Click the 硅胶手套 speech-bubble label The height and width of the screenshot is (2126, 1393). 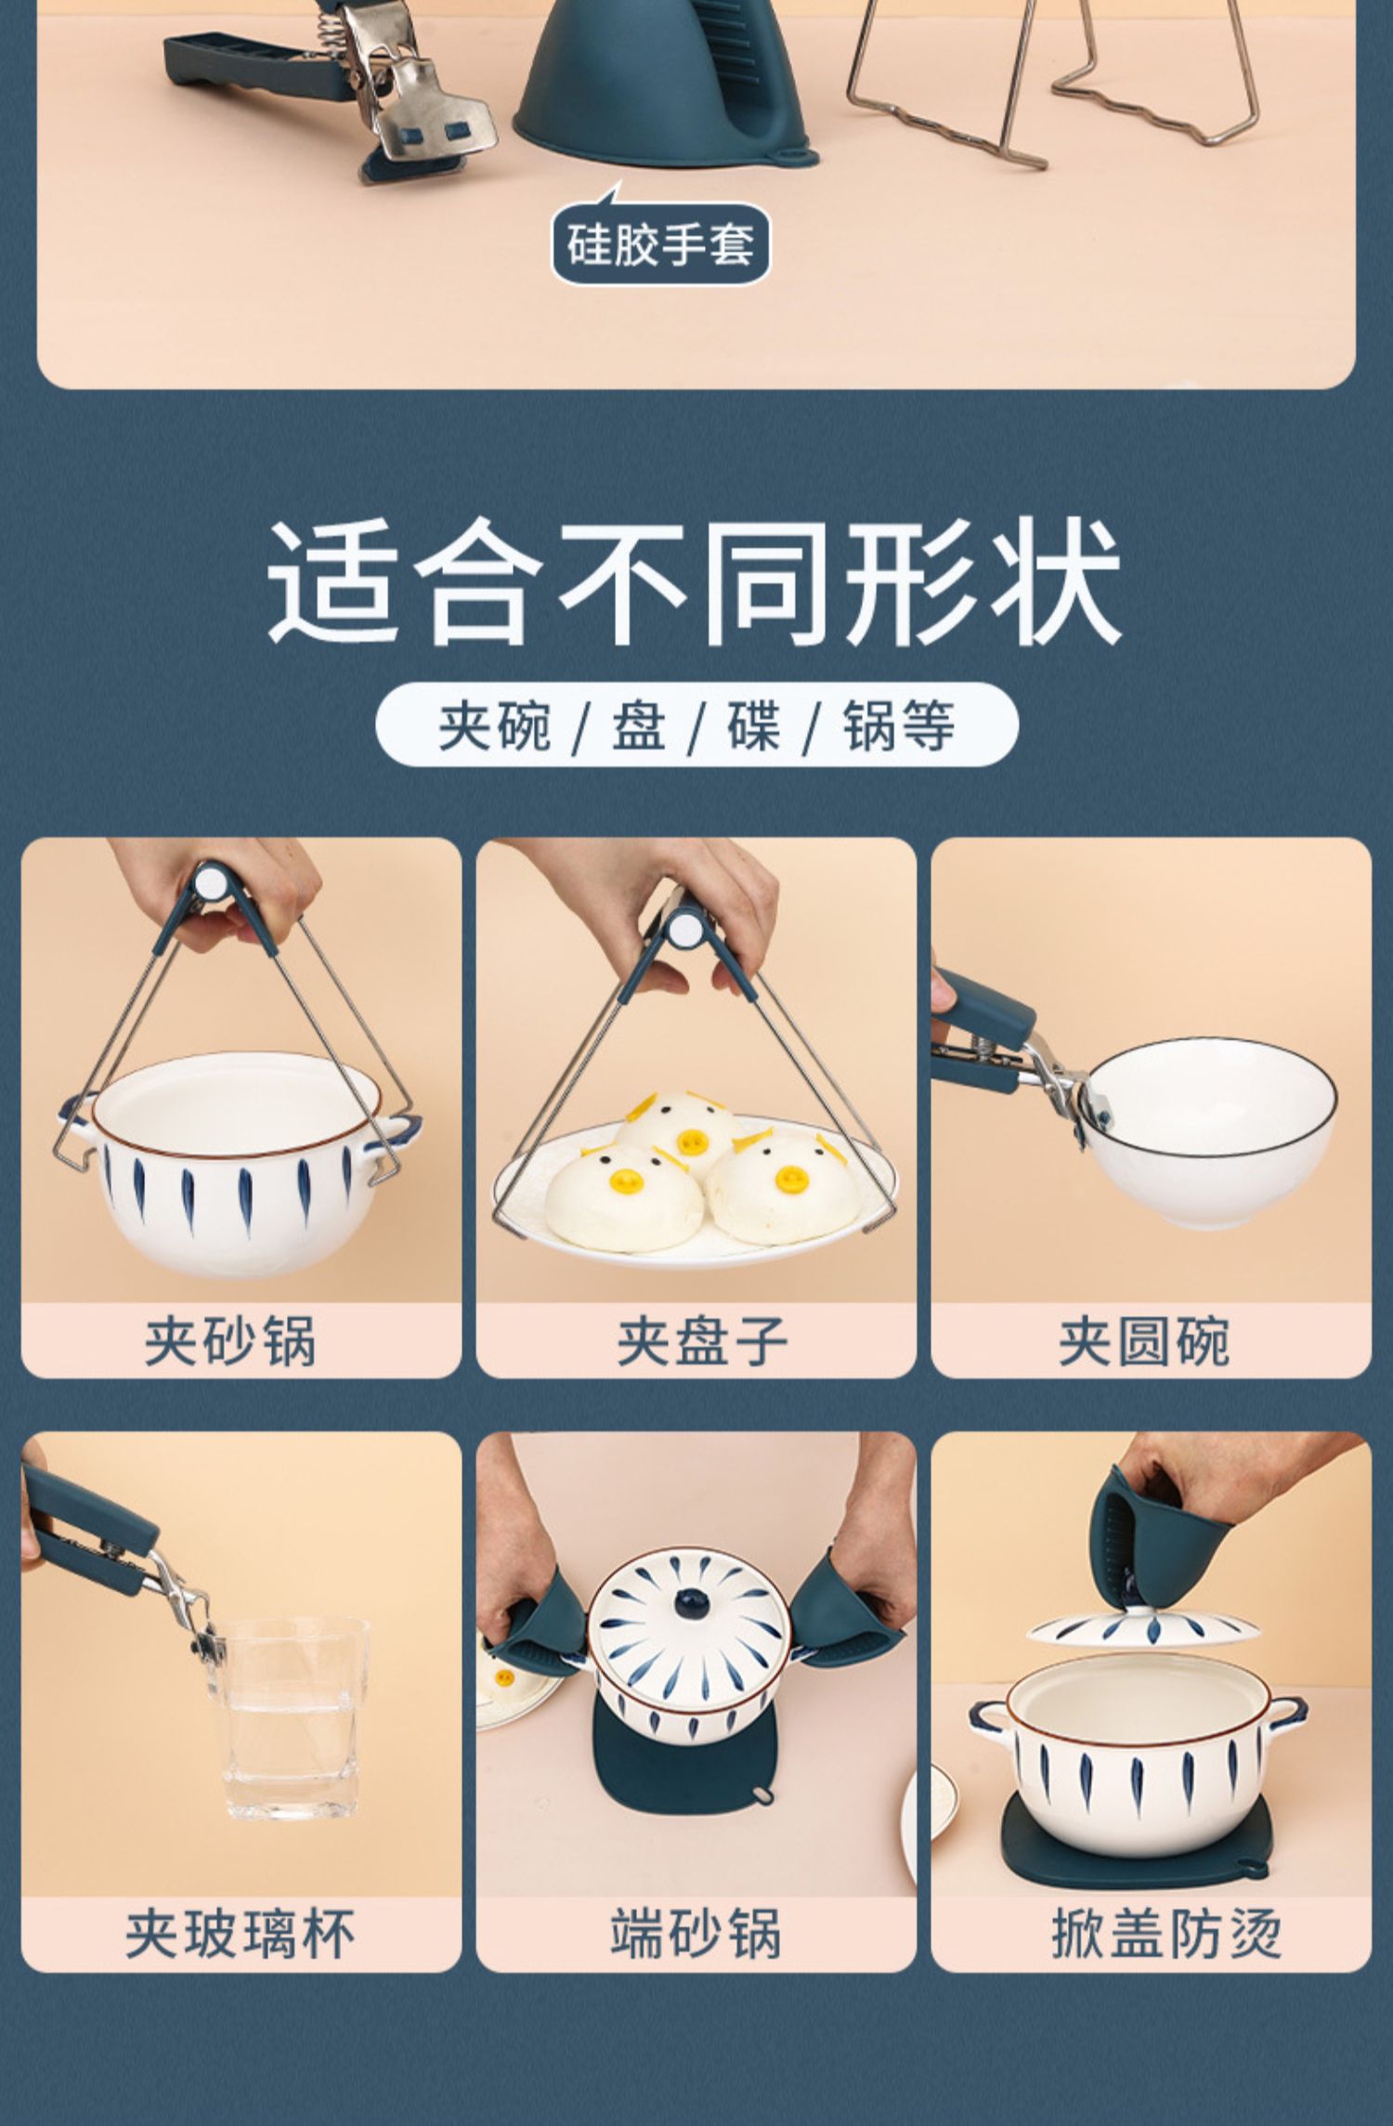[x=660, y=242]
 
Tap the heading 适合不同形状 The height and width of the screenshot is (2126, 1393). [x=696, y=582]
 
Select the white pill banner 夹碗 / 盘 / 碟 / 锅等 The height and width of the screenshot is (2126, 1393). [x=696, y=724]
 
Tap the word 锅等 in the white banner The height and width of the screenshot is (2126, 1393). [x=898, y=724]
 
